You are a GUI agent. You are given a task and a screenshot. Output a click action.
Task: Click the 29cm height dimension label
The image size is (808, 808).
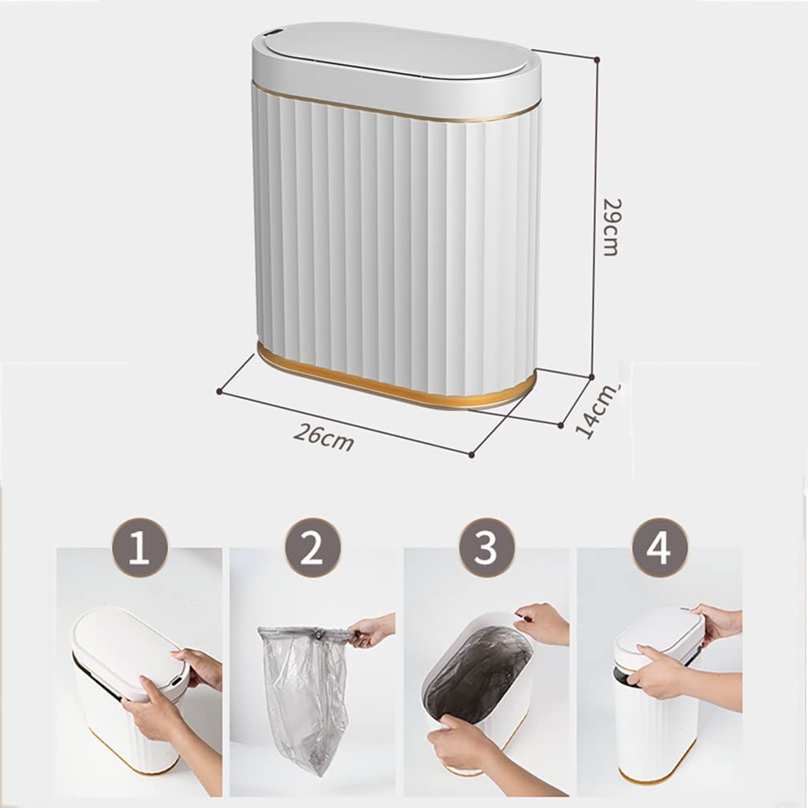pos(611,226)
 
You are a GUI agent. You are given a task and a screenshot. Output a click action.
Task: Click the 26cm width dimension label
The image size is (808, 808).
pos(323,436)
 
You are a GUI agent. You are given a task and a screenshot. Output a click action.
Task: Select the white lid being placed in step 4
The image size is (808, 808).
pos(657,629)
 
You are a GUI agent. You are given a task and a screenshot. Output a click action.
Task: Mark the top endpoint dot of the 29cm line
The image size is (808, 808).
pos(597,58)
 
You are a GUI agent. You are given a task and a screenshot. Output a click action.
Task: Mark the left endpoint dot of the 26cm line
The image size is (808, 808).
pos(219,390)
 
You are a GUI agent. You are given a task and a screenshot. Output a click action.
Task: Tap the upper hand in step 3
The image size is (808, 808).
pos(543,624)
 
